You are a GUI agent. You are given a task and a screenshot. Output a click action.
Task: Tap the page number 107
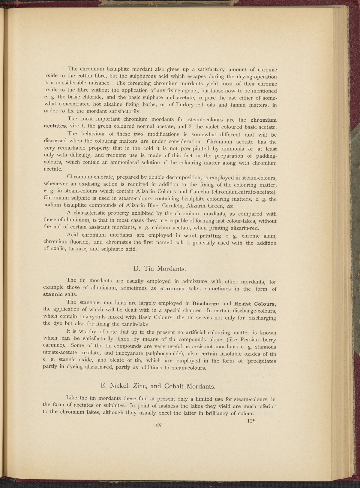(x=159, y=425)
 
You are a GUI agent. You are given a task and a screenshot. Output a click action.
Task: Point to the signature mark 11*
(x=251, y=421)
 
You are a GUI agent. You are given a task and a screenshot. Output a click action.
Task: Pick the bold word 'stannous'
(x=172, y=289)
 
